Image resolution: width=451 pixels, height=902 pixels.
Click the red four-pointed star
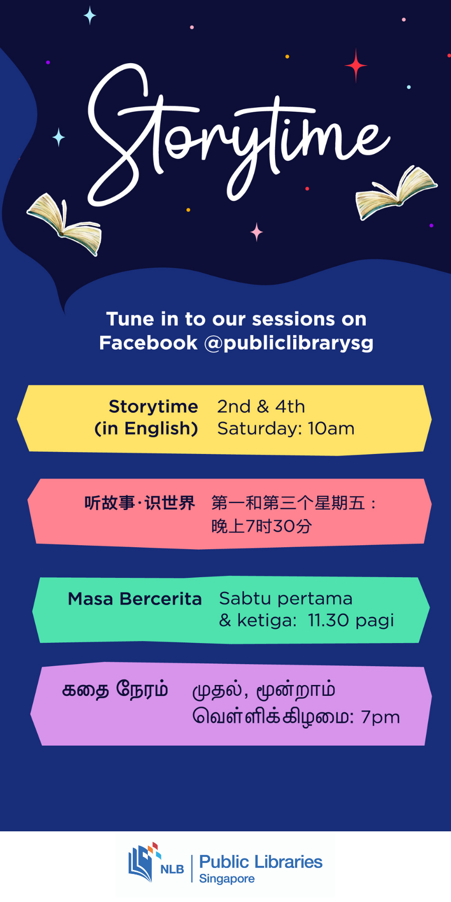(x=356, y=65)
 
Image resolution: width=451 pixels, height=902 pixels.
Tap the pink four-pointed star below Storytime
(x=257, y=232)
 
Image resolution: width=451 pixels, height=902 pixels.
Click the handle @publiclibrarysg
(x=289, y=343)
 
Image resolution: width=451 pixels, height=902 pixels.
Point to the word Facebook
(x=148, y=343)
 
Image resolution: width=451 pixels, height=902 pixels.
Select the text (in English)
(x=146, y=429)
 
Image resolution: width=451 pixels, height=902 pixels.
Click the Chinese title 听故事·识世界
(x=139, y=503)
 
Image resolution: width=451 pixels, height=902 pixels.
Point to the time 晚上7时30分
(x=262, y=526)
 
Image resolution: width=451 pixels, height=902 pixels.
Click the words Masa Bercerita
(x=135, y=599)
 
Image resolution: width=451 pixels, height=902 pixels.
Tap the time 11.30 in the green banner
(x=329, y=620)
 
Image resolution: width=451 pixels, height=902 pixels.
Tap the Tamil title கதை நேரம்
(x=115, y=690)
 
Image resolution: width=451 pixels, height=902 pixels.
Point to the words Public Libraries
(x=261, y=862)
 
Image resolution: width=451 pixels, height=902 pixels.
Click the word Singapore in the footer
(x=227, y=879)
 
